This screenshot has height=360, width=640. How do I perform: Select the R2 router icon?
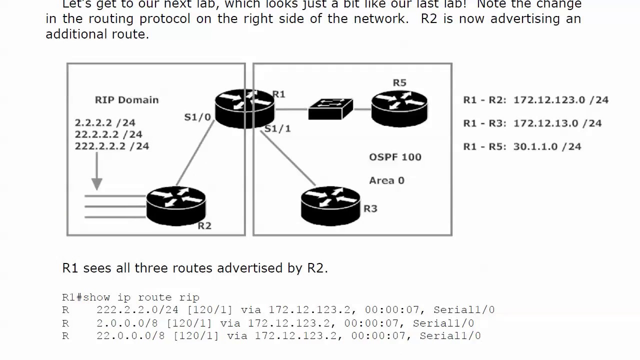pyautogui.click(x=176, y=206)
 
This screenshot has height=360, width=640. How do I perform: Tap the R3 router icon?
pyautogui.click(x=330, y=205)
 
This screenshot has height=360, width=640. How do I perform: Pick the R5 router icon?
pyautogui.click(x=399, y=108)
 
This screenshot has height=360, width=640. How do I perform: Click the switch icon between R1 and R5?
pyautogui.click(x=330, y=109)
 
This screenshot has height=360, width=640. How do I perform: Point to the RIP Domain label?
pyautogui.click(x=126, y=100)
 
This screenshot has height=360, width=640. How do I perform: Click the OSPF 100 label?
pyautogui.click(x=395, y=157)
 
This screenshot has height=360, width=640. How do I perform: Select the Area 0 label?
pyautogui.click(x=386, y=180)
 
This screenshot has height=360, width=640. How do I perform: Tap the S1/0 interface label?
pyautogui.click(x=197, y=117)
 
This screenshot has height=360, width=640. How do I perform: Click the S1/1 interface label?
pyautogui.click(x=277, y=129)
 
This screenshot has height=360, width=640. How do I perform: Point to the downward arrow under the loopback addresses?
pyautogui.click(x=96, y=172)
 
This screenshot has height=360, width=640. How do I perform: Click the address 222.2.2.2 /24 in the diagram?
pyautogui.click(x=112, y=146)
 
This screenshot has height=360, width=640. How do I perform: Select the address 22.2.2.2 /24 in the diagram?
pyautogui.click(x=108, y=134)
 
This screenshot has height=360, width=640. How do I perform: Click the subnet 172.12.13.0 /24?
pyautogui.click(x=557, y=123)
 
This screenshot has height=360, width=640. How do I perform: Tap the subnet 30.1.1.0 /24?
pyautogui.click(x=547, y=146)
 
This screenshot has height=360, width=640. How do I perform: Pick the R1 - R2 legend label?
pyautogui.click(x=484, y=100)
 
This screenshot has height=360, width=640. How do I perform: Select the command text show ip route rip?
pyautogui.click(x=141, y=297)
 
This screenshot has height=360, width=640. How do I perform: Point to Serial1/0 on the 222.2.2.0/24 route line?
pyautogui.click(x=464, y=310)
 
